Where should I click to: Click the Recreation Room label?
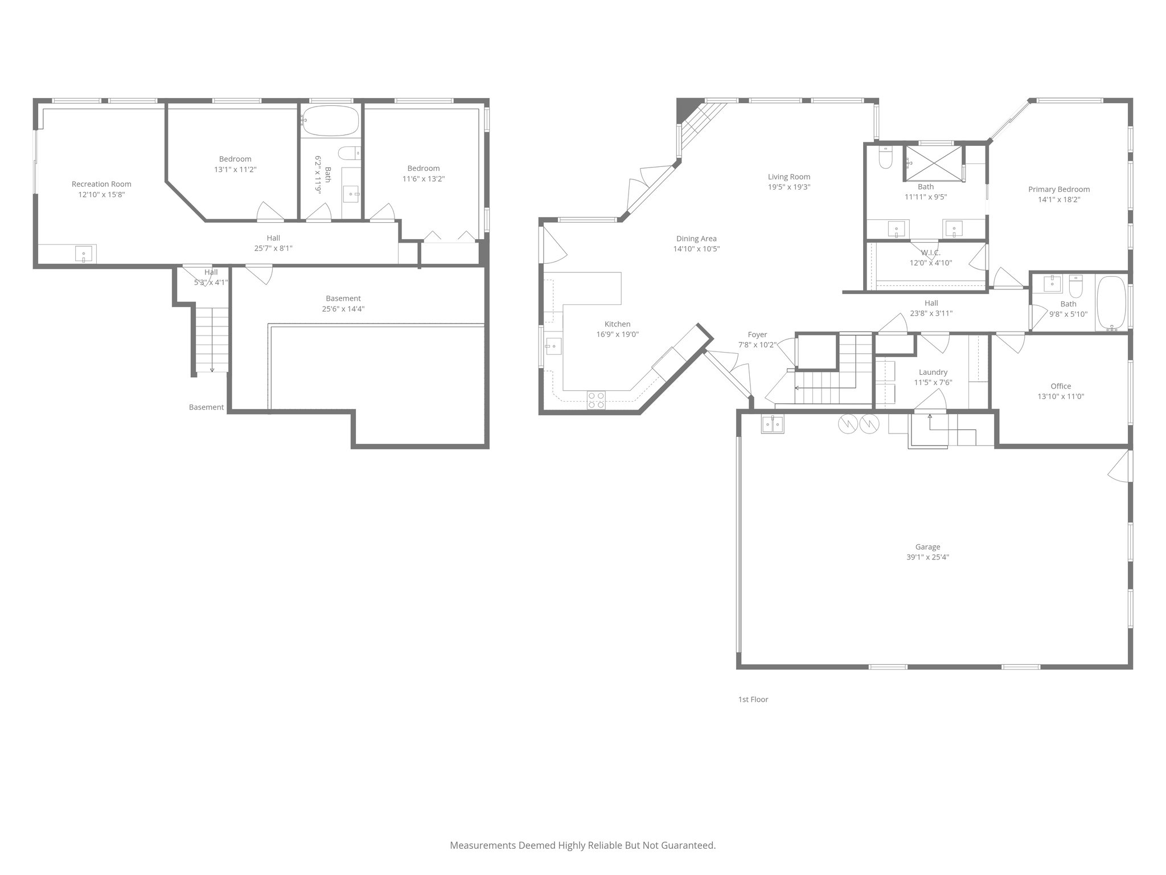point(101,184)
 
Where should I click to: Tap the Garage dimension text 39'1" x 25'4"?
point(927,557)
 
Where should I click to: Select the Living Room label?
point(789,177)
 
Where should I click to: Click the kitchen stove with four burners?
point(596,400)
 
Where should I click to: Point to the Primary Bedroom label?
point(1058,189)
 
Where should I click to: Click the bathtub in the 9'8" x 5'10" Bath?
point(1111,303)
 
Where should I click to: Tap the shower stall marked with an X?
point(933,163)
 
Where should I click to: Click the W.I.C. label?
point(930,252)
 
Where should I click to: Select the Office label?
point(1060,386)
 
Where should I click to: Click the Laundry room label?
point(933,372)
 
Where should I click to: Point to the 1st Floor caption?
point(753,699)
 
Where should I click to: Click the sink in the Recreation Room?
point(84,253)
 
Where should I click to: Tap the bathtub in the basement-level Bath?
point(330,121)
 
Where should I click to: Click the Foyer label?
point(757,334)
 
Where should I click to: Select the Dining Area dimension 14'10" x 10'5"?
point(696,249)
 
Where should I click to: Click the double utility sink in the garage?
point(773,424)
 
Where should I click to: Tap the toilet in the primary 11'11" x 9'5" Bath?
point(885,159)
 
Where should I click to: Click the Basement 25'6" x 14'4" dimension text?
point(343,309)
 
